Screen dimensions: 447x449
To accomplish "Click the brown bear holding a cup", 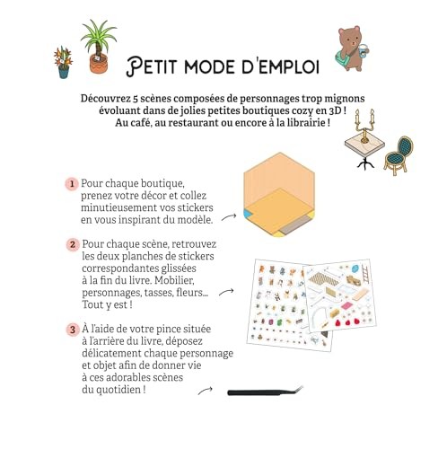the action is coord(352,48).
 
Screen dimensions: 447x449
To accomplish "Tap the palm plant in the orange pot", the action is coord(98,48).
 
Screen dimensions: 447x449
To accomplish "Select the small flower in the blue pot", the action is coord(63,63).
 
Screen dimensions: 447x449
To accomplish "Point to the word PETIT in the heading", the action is coord(152,66).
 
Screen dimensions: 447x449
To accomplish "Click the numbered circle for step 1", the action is coord(72,184).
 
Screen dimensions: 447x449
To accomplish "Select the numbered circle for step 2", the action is coord(73,245).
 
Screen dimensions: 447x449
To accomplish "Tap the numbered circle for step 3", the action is coord(73,330).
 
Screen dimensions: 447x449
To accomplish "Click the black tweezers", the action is coord(265,392).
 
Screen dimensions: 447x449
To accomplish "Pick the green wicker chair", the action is coord(399,155).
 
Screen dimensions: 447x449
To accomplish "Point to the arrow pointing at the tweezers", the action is coord(206,390).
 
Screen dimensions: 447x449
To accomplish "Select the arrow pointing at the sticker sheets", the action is coord(226,292).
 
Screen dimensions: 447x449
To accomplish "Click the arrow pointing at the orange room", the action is coord(229,217).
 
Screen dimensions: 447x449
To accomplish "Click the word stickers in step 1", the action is coord(195,207).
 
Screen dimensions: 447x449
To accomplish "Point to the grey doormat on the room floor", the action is coord(295,225).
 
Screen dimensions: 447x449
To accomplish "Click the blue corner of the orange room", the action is coord(248,214).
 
